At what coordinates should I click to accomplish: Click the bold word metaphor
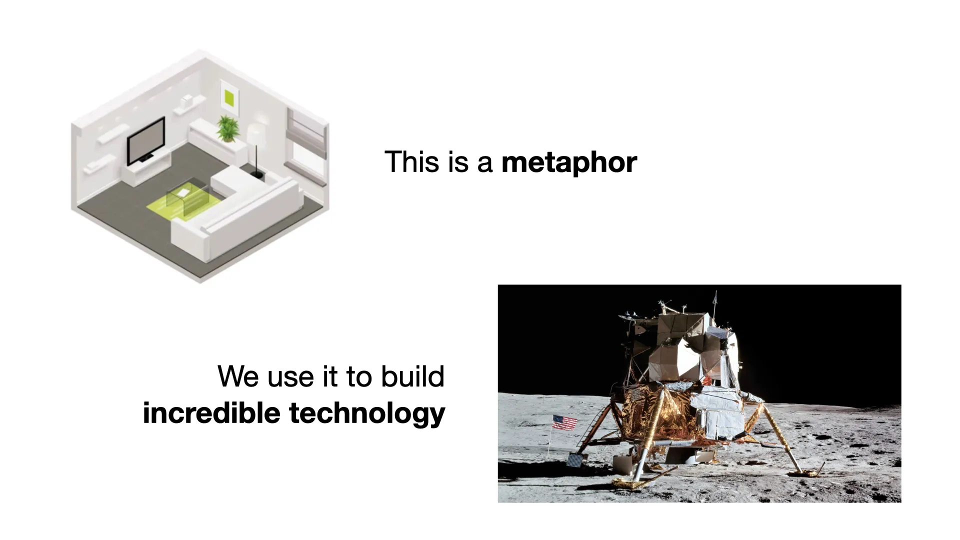coord(569,163)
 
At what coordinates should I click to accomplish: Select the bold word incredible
coord(211,413)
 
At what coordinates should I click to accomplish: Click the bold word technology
coord(367,414)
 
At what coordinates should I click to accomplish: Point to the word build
coord(412,376)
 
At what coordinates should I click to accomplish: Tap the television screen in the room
coord(145,140)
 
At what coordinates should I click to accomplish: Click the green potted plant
coord(227,128)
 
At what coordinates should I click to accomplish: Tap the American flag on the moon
coord(564,422)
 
